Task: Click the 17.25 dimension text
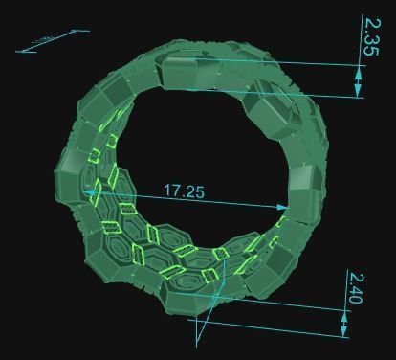185,191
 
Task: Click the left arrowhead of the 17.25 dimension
92,192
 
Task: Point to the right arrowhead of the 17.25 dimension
283,206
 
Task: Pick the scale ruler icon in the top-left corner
53,40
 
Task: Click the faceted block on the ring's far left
72,177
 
